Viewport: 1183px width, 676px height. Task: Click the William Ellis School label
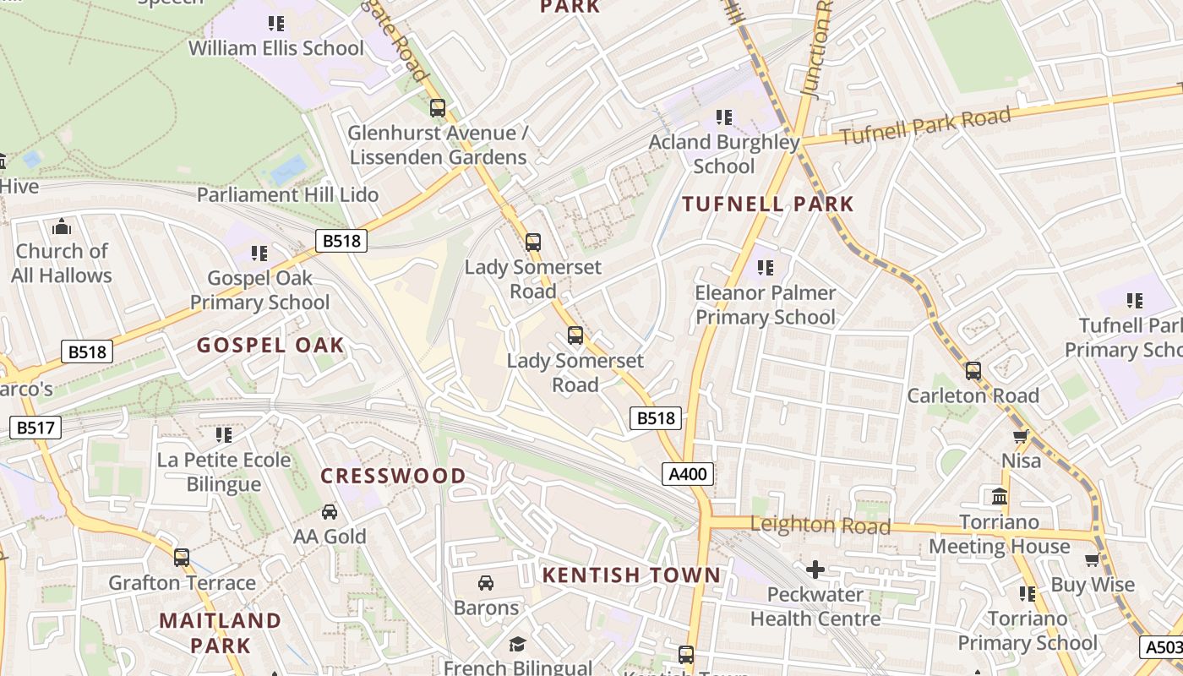[x=275, y=48]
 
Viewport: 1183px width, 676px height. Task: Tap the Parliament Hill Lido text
[x=287, y=194]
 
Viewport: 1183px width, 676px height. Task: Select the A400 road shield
[x=687, y=474]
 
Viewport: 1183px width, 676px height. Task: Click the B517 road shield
[x=35, y=428]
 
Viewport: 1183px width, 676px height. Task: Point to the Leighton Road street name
[x=820, y=526]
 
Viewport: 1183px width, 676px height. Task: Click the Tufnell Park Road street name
[x=925, y=127]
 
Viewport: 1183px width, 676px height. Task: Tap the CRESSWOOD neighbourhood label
[x=393, y=476]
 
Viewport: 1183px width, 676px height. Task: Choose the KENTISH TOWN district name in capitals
[x=631, y=575]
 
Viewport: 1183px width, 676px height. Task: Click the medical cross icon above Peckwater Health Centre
[x=815, y=570]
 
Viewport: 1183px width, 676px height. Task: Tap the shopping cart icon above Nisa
[x=1021, y=437]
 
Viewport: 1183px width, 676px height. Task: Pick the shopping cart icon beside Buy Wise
[x=1093, y=559]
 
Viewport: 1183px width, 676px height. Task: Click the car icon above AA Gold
[x=330, y=512]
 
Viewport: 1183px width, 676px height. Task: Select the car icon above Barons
[x=486, y=583]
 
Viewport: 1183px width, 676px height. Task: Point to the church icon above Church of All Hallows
[x=62, y=226]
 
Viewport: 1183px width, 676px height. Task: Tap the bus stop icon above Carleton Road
[x=973, y=371]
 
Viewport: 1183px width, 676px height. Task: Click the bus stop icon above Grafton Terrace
[x=182, y=558]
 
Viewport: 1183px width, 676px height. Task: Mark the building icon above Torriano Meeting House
[x=1000, y=496]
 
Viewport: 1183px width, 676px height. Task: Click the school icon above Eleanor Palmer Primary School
[x=766, y=268]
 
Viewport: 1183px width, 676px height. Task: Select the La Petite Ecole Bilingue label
[x=224, y=472]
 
